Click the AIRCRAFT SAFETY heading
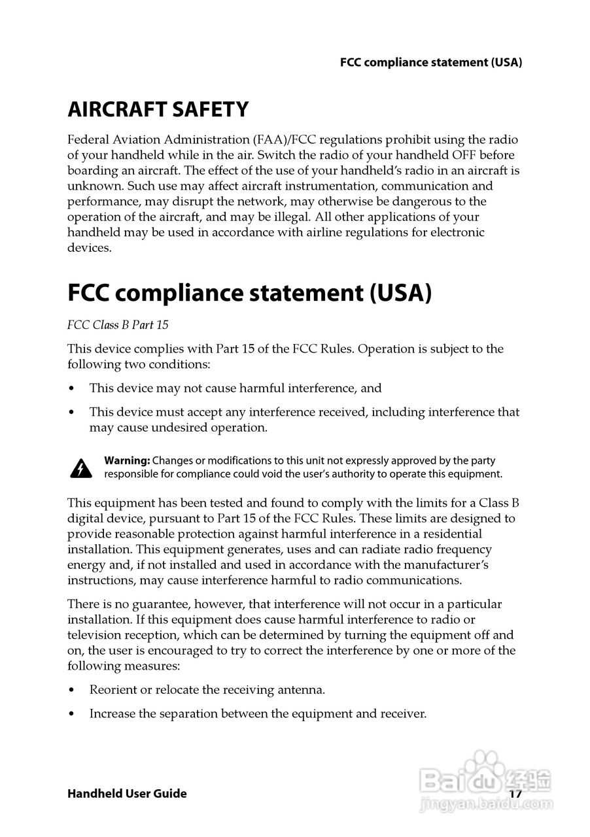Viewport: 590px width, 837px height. [158, 109]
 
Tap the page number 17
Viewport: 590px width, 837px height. [515, 793]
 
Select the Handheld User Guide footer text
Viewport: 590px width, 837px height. [127, 793]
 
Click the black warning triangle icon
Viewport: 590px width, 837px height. [80, 468]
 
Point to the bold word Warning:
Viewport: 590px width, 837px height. [127, 460]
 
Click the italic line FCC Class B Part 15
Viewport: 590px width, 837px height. [118, 324]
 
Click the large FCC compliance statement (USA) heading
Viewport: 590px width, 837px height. [250, 293]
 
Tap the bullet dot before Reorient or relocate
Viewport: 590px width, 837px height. [71, 690]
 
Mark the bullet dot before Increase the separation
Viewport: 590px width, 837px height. [71, 714]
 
